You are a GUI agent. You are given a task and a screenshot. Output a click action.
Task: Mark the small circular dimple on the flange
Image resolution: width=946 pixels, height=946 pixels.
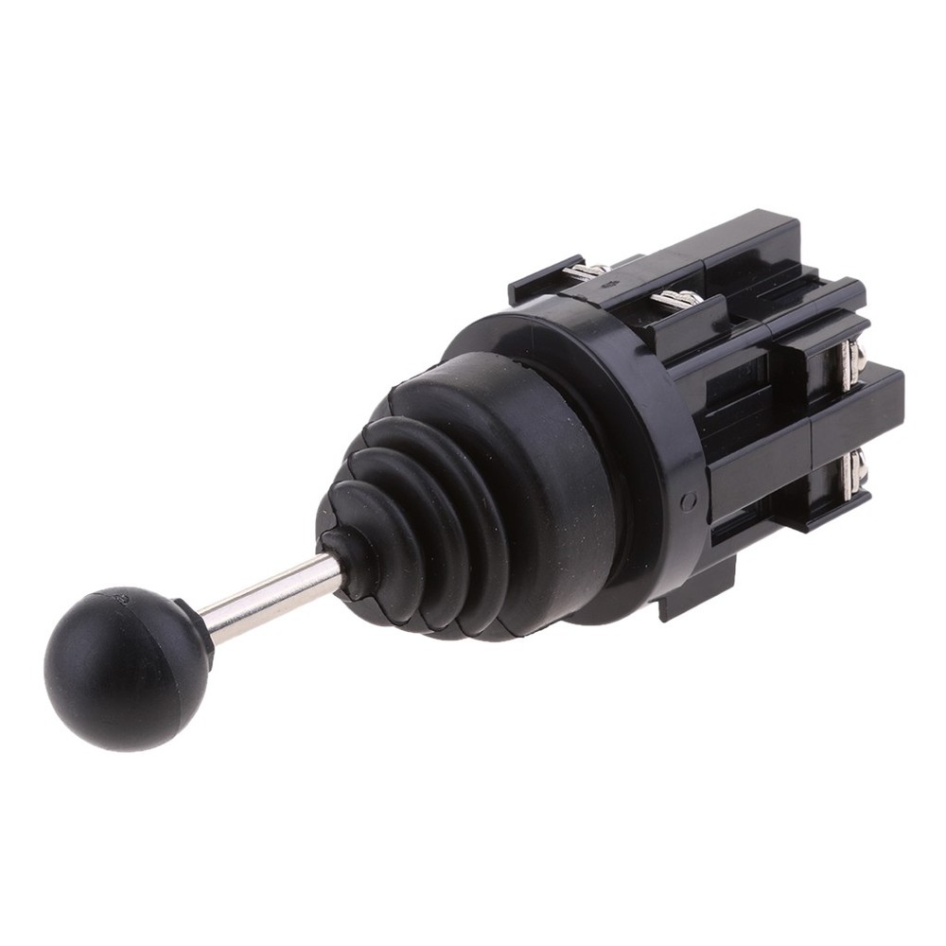688,501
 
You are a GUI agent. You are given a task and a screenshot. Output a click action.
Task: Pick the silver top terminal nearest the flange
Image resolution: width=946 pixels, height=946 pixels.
677,300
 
